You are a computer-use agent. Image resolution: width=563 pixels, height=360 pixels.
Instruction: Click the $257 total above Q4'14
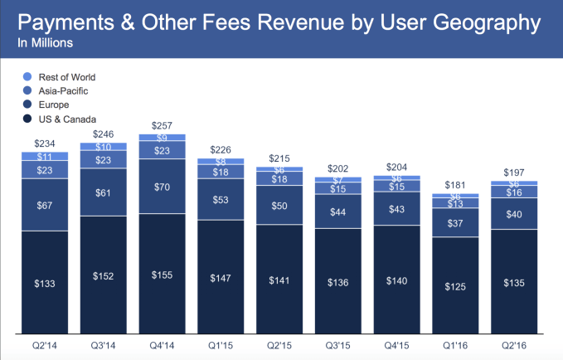tap(162, 124)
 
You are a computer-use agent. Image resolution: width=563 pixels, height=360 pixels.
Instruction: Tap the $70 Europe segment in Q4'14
tap(162, 187)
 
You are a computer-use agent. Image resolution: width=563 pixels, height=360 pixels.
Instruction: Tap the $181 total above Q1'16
tap(461, 184)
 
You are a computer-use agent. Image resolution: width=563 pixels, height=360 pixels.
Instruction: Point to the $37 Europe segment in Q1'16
tap(461, 222)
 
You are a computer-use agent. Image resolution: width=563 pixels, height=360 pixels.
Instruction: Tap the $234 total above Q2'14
tap(45, 143)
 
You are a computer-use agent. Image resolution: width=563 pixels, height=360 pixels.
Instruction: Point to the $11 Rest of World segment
tap(45, 156)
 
